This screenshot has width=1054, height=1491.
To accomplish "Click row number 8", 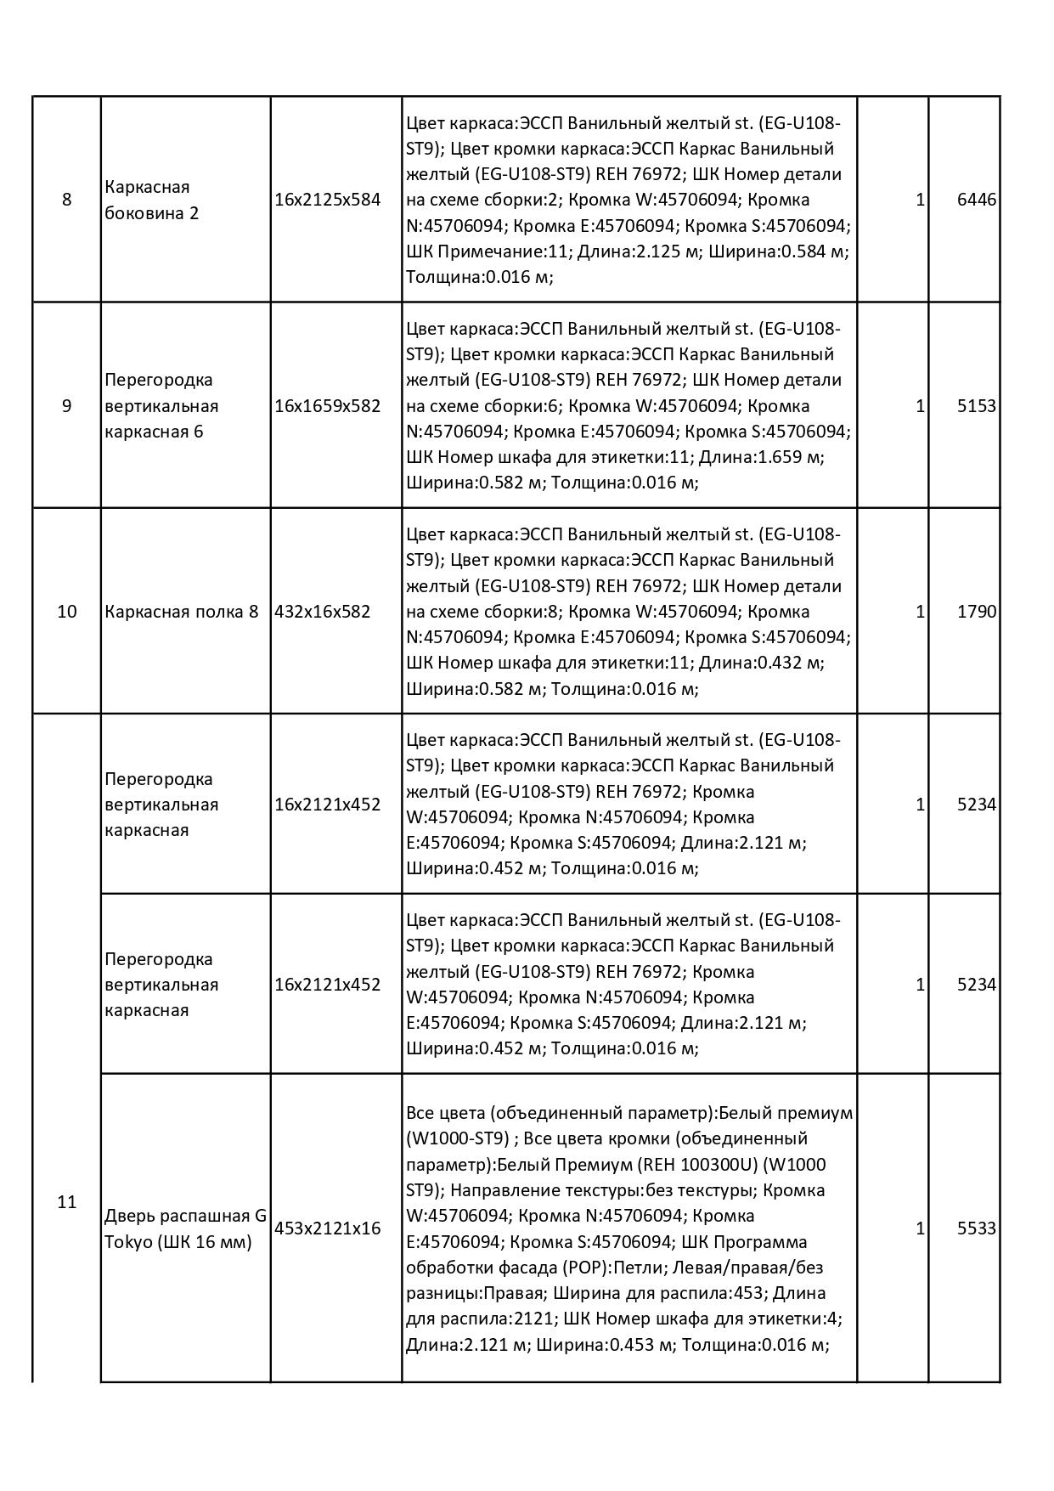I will [67, 200].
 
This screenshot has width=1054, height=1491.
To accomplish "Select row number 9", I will [67, 406].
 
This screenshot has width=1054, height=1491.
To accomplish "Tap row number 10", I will [67, 612].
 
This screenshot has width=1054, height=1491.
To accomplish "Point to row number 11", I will [67, 1202].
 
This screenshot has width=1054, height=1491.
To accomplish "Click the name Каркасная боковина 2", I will [151, 200].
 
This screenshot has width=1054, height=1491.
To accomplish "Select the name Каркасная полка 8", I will [181, 612].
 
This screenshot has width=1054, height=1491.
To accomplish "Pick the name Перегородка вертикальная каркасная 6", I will [161, 406].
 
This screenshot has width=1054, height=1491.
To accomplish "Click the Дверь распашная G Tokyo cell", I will [185, 1228].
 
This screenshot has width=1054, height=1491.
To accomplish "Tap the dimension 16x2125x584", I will [328, 200].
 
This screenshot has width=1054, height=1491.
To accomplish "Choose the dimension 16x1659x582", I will [328, 406].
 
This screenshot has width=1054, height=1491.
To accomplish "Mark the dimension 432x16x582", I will [323, 612].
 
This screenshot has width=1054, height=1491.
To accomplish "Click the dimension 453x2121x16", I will [328, 1228].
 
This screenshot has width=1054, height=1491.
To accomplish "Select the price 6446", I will [976, 200].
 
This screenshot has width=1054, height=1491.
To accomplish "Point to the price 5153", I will [976, 406].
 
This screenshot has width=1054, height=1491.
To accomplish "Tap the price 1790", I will [976, 612].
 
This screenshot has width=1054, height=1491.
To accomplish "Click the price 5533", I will [976, 1228].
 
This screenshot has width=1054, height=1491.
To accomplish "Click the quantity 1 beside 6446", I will [920, 200].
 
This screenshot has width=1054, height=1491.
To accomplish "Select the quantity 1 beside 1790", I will [920, 612].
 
